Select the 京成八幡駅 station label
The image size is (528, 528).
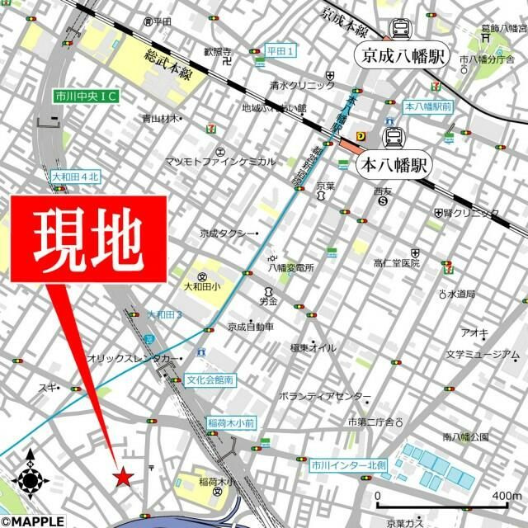[x=403, y=56]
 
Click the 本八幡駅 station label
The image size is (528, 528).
[x=390, y=163]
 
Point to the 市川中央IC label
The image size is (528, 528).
[x=85, y=97]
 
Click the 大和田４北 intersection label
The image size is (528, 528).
[x=75, y=177]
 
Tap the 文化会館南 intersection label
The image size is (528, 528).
[x=210, y=380]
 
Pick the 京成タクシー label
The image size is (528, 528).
[x=226, y=233]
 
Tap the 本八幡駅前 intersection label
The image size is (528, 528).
[x=427, y=107]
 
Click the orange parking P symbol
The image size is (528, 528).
[x=361, y=137]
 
